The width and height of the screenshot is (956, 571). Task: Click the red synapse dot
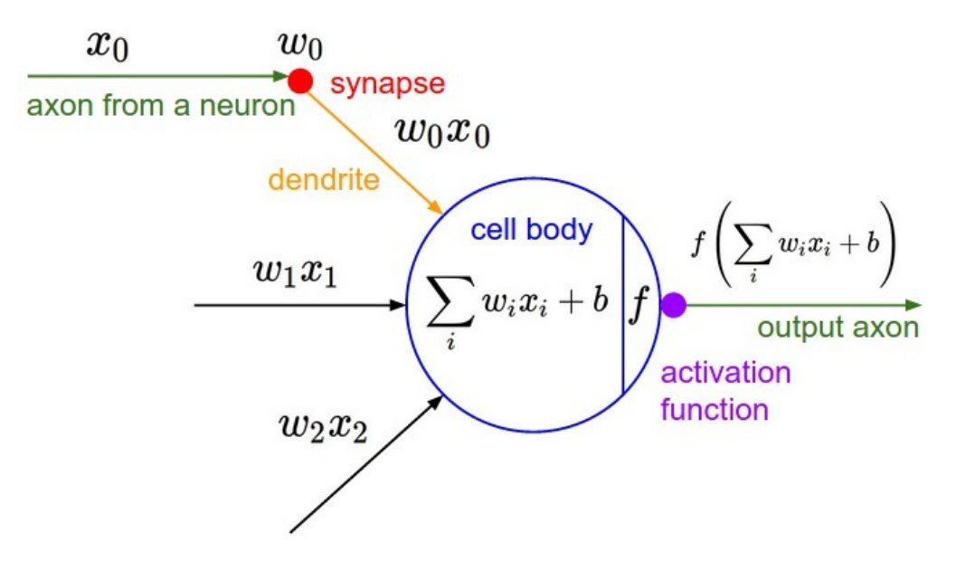(x=299, y=81)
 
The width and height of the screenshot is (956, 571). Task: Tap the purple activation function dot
(x=673, y=306)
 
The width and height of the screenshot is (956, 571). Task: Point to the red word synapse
(x=387, y=84)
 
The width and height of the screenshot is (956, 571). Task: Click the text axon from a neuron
(x=161, y=106)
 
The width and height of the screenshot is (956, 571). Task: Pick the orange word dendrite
(x=322, y=180)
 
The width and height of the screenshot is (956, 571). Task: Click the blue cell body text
(x=531, y=230)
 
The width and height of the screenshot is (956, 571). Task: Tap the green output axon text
(x=838, y=328)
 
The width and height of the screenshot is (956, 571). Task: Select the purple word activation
(x=725, y=373)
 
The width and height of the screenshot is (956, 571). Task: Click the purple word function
(x=714, y=409)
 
